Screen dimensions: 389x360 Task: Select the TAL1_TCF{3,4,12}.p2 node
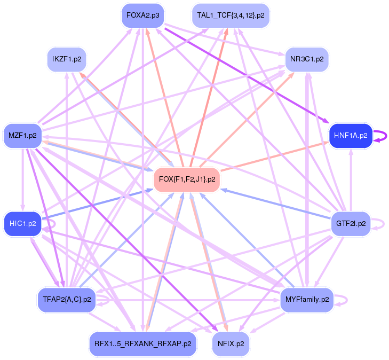[x=231, y=15]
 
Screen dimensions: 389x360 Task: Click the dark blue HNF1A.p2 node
[x=350, y=136]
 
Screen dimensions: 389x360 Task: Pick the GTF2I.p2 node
[x=350, y=223]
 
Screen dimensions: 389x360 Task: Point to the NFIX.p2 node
[x=231, y=344]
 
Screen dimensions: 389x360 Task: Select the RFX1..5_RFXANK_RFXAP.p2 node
[x=142, y=344]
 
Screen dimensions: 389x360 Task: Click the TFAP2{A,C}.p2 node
[x=66, y=300]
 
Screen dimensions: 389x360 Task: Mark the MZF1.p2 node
[x=22, y=136]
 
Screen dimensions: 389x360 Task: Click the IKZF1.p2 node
[x=66, y=58]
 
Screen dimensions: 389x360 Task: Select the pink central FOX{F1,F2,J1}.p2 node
[x=187, y=179]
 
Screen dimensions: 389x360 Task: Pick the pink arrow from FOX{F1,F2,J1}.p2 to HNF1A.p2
[x=272, y=158]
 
